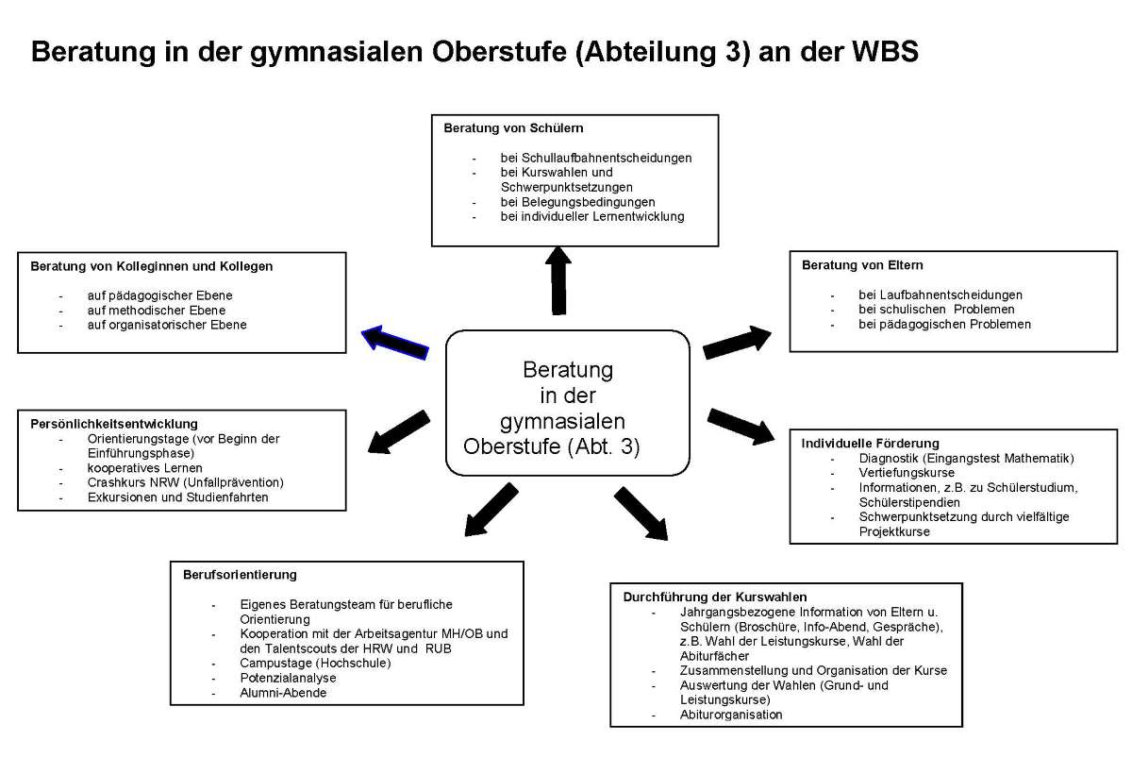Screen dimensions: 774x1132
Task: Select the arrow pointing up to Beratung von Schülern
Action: pos(558,280)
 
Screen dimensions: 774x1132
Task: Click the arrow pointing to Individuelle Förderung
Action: pos(741,425)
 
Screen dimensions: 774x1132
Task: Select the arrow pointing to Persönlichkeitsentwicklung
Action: pos(399,431)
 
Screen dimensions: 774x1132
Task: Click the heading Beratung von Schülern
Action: pos(513,128)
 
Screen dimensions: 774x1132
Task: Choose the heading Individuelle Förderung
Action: pos(870,443)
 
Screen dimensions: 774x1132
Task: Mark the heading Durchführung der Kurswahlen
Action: pos(714,597)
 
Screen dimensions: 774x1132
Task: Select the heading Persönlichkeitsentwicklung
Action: pos(114,424)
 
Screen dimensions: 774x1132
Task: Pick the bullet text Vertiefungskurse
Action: pos(906,472)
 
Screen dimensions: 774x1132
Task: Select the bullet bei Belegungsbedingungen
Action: pos(577,202)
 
